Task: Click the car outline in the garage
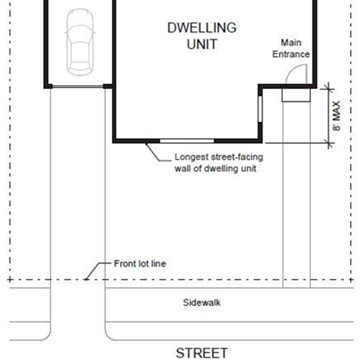[80, 42]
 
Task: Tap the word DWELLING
[202, 27]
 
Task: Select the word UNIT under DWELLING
[202, 44]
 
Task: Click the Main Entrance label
[291, 48]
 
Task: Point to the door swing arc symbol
[292, 70]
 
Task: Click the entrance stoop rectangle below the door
[296, 95]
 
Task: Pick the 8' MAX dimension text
[337, 115]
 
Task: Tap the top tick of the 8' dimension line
[328, 89]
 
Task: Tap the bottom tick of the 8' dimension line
[328, 143]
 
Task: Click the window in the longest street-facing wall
[187, 140]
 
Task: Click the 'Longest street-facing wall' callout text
[219, 163]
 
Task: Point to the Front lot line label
[140, 264]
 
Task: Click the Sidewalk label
[202, 303]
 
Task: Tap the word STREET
[202, 353]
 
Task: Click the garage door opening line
[77, 86]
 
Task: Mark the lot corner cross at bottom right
[351, 280]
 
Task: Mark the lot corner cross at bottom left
[10, 280]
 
